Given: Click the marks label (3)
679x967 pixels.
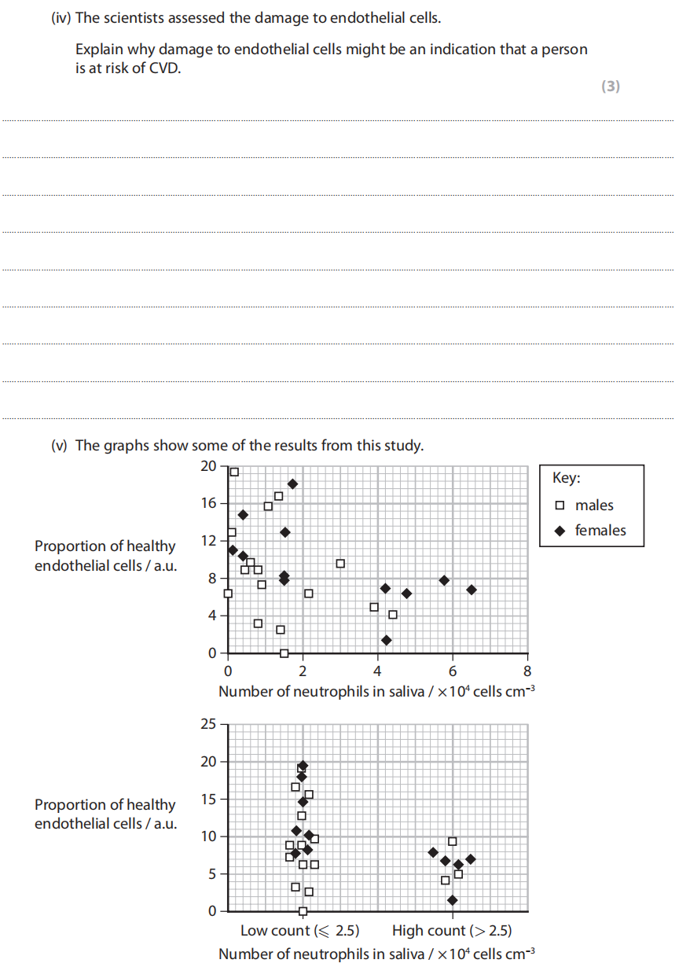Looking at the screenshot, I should click(x=610, y=86).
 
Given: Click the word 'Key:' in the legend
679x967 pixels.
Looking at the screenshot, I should click(x=566, y=478).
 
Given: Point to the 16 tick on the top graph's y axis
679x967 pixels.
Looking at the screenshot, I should click(x=207, y=503).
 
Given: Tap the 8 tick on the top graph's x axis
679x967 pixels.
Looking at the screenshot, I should click(x=527, y=671).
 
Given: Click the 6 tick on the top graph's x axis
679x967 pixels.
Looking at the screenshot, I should click(x=453, y=671).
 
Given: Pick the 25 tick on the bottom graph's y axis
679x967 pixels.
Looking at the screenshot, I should click(x=207, y=724).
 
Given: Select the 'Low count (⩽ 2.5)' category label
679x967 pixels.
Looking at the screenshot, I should click(x=299, y=931).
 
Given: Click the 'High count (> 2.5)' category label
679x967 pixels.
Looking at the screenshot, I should click(x=452, y=931).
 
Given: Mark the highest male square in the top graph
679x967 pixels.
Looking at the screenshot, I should click(x=233, y=472).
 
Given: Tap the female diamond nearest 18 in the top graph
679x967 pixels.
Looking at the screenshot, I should click(x=292, y=484).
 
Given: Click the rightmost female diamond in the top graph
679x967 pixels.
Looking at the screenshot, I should click(x=471, y=590).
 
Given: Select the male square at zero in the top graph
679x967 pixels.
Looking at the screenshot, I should click(x=284, y=653).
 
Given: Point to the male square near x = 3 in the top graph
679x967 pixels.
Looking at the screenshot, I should click(x=340, y=564).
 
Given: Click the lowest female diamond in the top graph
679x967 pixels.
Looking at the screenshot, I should click(x=386, y=640).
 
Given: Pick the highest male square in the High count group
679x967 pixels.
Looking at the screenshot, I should click(x=452, y=841).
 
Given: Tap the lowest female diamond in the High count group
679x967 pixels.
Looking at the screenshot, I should click(x=452, y=900).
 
